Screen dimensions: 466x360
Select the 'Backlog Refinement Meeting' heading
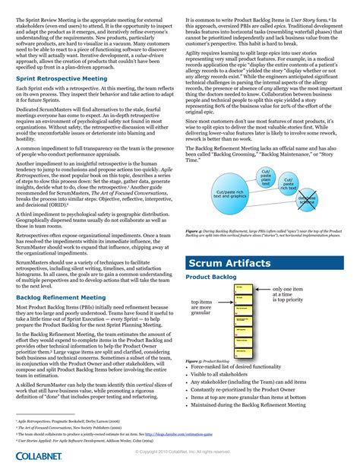[61, 297]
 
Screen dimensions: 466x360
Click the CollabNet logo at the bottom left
[33, 455]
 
